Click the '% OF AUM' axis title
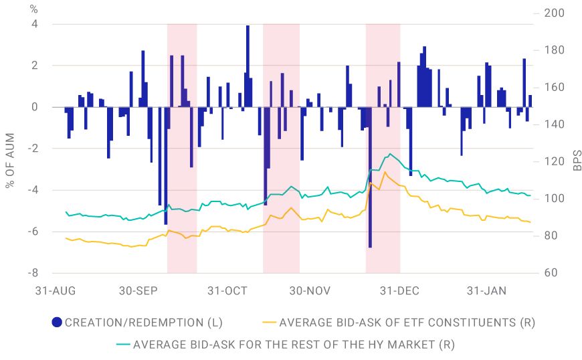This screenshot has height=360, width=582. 10,151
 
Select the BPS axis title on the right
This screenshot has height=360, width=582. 577,161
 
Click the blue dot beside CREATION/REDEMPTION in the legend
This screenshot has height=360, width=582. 58,323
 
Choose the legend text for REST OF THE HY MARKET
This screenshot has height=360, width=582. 294,345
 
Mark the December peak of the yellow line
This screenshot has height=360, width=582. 385,172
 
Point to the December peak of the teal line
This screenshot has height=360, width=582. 389,154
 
